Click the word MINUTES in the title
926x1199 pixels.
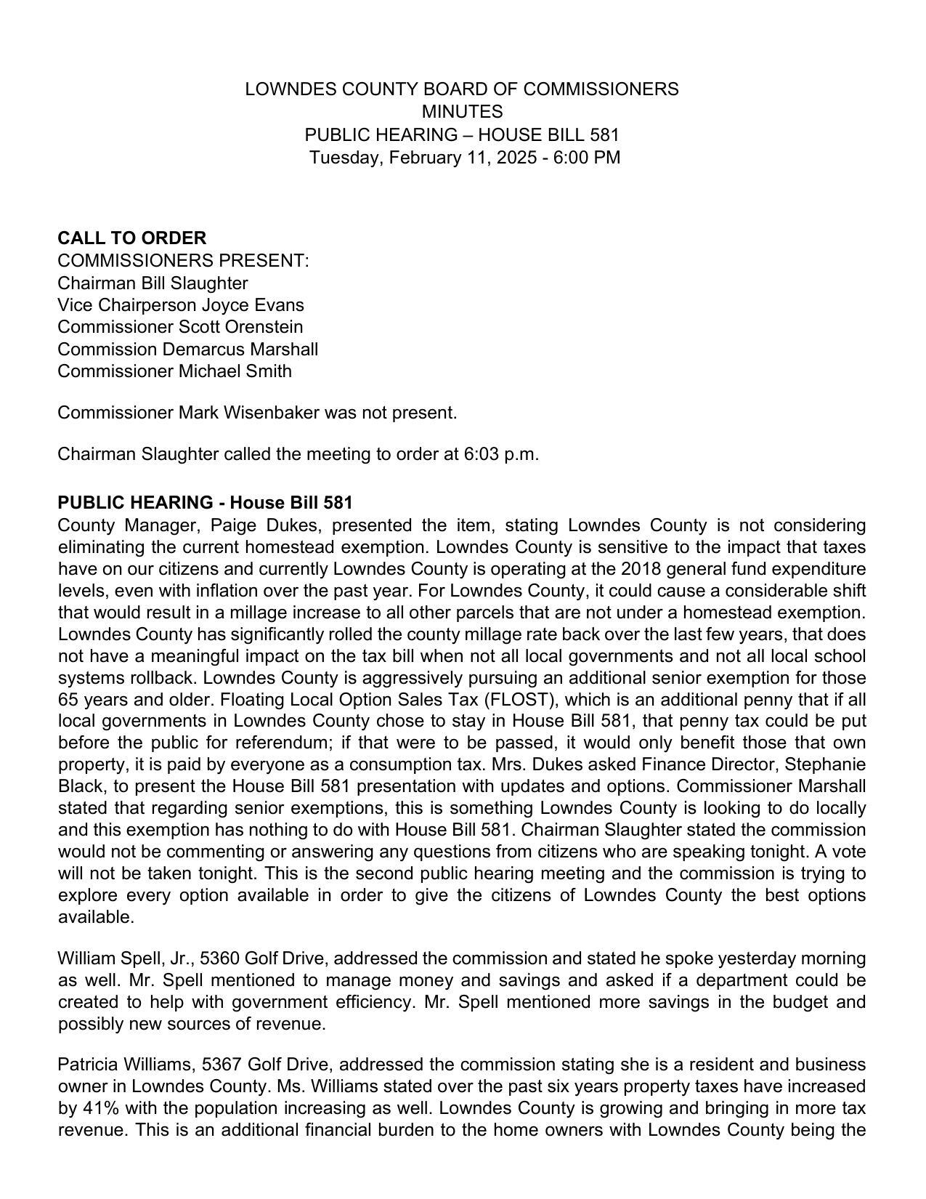coord(462,112)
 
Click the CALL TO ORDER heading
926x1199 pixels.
coord(131,238)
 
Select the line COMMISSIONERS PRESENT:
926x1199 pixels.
coord(183,261)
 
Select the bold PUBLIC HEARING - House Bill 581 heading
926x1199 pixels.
coord(205,503)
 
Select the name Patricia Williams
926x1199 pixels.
coord(125,1065)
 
